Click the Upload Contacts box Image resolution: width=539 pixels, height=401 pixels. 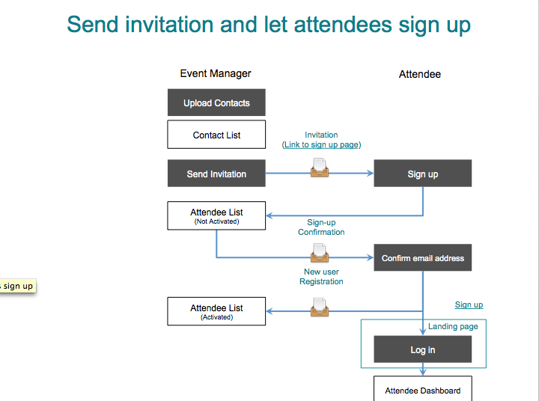click(x=216, y=103)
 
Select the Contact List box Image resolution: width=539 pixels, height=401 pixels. click(x=216, y=135)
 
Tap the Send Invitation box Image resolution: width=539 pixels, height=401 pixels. click(x=216, y=174)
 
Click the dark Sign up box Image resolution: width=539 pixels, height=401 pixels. click(x=422, y=174)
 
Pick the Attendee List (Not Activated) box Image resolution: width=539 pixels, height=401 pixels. click(x=216, y=215)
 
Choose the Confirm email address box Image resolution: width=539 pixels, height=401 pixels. click(x=422, y=258)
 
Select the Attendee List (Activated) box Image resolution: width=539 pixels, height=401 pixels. click(x=216, y=311)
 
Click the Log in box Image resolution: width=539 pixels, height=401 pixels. click(x=422, y=349)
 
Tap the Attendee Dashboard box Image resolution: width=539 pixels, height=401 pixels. click(x=422, y=390)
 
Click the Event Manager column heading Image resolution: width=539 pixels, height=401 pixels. click(x=216, y=73)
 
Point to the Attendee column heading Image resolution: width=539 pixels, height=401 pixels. click(x=419, y=74)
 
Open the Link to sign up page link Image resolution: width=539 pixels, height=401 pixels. click(x=321, y=144)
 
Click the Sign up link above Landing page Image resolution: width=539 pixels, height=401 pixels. click(x=469, y=304)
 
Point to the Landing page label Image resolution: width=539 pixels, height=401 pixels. click(x=453, y=326)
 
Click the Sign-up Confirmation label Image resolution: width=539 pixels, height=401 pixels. click(x=321, y=227)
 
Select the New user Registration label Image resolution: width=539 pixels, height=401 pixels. click(x=321, y=277)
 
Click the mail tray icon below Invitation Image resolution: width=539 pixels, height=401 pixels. click(x=320, y=168)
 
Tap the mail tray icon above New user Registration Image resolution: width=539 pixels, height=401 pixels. click(x=320, y=251)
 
